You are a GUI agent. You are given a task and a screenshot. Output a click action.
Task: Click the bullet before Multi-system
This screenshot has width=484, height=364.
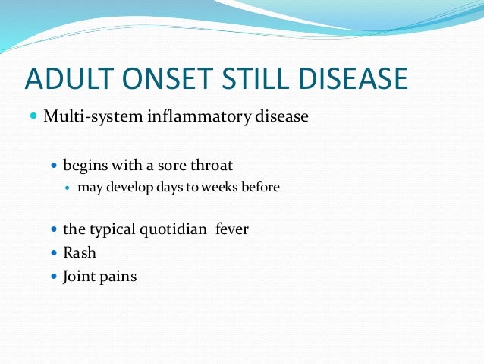tap(33, 117)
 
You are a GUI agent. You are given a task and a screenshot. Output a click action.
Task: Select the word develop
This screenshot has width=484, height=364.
tap(129, 186)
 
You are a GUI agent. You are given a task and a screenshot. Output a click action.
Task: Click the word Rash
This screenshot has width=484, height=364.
tap(80, 252)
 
